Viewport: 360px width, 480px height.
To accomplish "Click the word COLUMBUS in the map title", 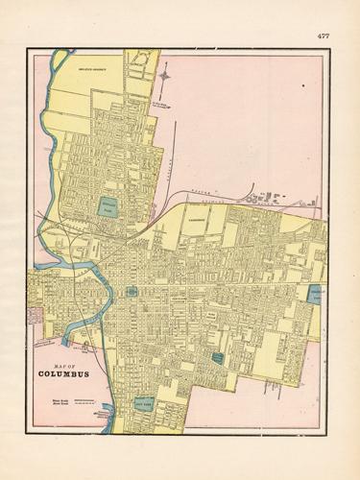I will [x=65, y=373].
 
